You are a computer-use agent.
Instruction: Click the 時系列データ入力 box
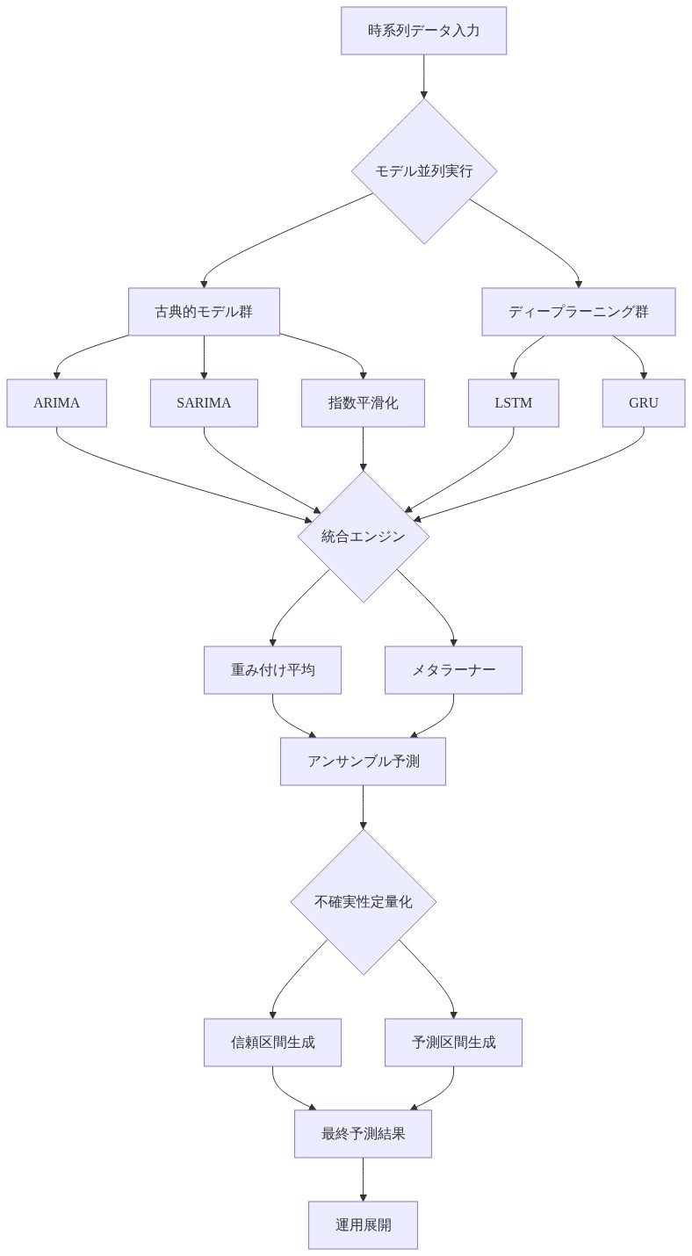click(423, 31)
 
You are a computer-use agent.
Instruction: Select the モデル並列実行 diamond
click(424, 170)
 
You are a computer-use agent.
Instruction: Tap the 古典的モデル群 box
click(204, 312)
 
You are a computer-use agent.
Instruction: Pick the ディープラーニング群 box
click(578, 312)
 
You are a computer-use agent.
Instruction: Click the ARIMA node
click(56, 403)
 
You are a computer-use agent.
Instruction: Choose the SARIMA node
click(204, 403)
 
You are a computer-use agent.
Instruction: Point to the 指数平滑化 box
click(363, 403)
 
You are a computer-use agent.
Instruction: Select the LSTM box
click(513, 403)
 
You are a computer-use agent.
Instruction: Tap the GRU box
click(643, 403)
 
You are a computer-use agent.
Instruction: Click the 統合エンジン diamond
click(363, 537)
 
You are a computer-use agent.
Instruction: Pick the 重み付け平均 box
click(272, 670)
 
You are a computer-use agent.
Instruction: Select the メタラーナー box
click(453, 670)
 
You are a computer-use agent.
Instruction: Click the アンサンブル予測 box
click(363, 762)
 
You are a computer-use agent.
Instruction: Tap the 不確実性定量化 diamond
click(363, 902)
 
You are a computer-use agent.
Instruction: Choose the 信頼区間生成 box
click(272, 1043)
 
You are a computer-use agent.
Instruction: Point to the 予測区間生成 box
click(453, 1043)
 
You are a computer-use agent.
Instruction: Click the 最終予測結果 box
click(363, 1134)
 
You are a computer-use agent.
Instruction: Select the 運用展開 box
click(363, 1225)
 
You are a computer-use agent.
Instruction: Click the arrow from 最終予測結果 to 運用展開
click(363, 1179)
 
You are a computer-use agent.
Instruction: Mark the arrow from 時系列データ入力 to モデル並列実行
click(424, 76)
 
